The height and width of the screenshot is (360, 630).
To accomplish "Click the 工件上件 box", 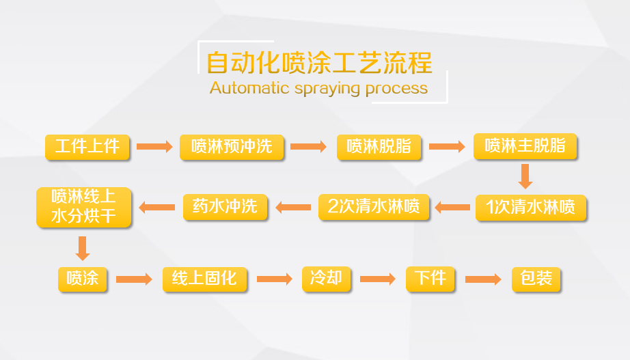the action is coord(87,147).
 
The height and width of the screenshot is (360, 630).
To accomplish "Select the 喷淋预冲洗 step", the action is coord(232,147).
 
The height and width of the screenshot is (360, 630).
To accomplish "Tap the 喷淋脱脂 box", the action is coord(379,147).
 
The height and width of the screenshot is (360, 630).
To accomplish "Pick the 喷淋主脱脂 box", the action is coord(525,146).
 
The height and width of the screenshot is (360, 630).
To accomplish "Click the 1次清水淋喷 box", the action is coord(531,208).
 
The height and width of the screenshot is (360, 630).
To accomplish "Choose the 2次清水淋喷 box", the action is coord(374,207).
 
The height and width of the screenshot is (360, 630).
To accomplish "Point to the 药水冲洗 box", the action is coord(225,207).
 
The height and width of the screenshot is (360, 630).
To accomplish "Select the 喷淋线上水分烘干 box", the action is coord(83,207).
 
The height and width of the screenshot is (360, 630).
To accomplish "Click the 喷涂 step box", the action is coord(83,279).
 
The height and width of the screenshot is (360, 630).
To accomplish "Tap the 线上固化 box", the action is coord(204,279).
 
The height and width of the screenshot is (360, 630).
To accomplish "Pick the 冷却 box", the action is coord(326,279).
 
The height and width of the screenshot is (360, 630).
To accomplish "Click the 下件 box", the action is coord(430,279).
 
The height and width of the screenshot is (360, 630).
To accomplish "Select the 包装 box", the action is coord(536,279).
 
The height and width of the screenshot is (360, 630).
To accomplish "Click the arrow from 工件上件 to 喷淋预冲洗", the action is coord(154,146).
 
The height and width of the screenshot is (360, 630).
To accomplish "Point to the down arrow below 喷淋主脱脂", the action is coord(525,176).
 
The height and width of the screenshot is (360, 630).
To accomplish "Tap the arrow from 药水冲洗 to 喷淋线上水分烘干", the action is coord(156,208).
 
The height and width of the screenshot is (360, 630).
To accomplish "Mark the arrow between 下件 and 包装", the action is coord(483,279).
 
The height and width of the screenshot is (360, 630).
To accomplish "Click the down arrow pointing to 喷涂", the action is coord(83,248).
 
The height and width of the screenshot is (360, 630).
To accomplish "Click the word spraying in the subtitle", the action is coord(327,89).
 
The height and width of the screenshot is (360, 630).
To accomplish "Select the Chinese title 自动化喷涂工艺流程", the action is coord(319,63).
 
